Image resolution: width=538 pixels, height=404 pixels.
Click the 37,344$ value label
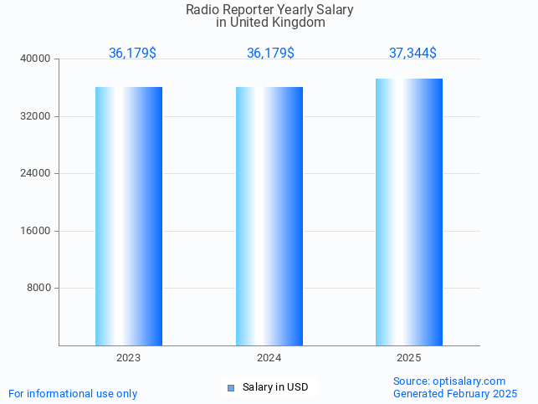point(412,53)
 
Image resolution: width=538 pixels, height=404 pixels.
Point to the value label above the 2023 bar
point(132,53)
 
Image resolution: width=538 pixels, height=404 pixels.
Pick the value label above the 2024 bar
point(270,53)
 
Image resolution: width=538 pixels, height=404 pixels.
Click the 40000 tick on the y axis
point(37,59)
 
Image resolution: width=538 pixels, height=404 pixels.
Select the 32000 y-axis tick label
point(37,116)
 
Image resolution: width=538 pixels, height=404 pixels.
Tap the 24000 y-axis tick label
point(37,174)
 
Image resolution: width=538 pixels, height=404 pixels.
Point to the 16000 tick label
point(37,231)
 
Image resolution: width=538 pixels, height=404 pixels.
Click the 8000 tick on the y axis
point(39,289)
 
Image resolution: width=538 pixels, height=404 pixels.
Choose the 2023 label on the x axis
point(129,358)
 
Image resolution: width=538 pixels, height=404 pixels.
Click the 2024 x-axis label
point(269,358)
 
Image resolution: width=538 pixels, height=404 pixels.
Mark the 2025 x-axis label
point(409,358)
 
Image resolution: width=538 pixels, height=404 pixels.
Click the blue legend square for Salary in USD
point(231,387)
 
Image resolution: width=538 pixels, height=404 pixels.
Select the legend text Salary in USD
point(275,387)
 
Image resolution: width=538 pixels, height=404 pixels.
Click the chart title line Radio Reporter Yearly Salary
point(269,10)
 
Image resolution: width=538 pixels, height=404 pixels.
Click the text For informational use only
point(73,394)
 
